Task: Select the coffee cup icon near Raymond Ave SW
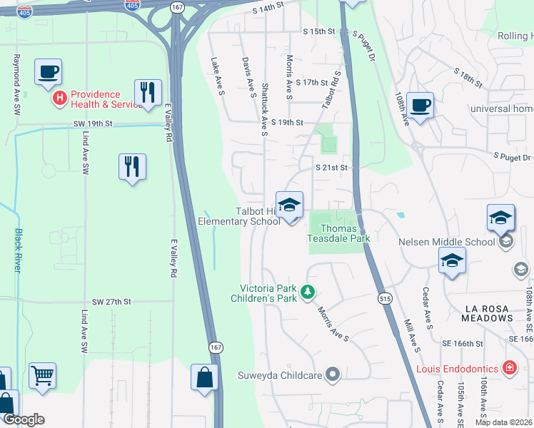point(48,72)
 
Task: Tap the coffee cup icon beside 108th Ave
point(420,106)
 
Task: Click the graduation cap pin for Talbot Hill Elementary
point(289,205)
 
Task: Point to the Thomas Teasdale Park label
point(338,233)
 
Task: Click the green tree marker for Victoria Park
point(308,291)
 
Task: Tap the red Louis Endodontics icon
point(509,369)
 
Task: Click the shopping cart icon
point(42,375)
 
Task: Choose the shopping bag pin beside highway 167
point(204,378)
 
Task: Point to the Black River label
point(18,250)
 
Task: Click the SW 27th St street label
point(107,302)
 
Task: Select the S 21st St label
point(331,168)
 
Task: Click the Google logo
point(24,419)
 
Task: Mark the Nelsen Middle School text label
point(446,242)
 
